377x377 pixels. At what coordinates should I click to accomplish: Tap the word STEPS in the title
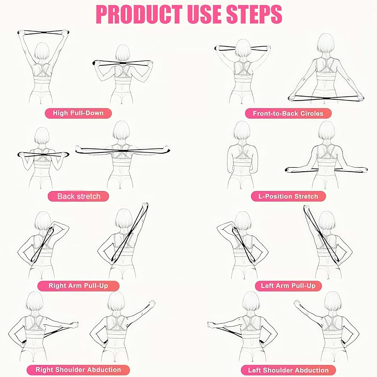[254, 14]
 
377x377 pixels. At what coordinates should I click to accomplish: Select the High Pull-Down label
[78, 113]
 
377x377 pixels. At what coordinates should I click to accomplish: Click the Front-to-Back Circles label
[288, 113]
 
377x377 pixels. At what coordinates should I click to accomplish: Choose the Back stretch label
[79, 196]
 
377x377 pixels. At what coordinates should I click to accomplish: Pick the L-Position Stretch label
[288, 196]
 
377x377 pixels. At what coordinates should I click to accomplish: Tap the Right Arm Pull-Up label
[78, 286]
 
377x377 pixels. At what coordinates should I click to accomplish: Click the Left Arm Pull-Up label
[288, 286]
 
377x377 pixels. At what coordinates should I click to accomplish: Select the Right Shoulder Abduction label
[78, 370]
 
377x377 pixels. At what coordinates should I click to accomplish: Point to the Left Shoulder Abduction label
[288, 370]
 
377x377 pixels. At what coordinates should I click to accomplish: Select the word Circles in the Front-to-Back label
[311, 113]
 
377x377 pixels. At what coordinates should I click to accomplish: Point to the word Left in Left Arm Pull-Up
[267, 286]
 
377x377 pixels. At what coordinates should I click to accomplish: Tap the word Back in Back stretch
[65, 196]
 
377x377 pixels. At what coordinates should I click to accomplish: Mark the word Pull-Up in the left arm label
[304, 286]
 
